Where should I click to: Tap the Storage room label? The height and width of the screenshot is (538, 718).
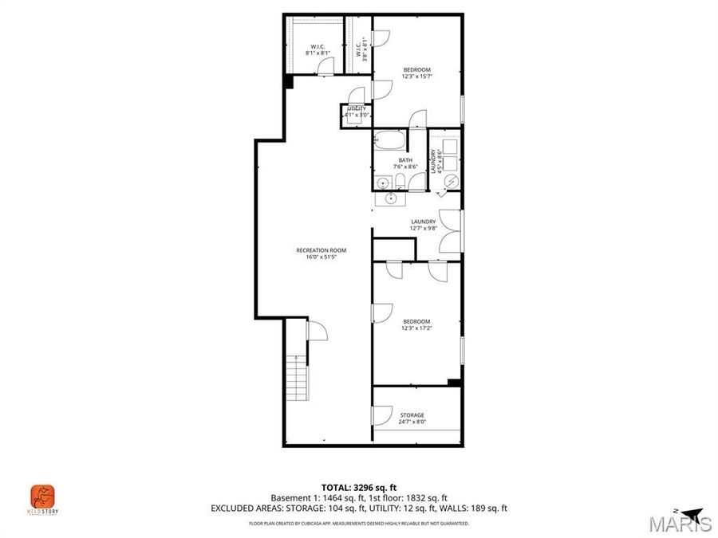click(412, 415)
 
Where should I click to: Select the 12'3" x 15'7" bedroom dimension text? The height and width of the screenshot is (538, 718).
click(416, 77)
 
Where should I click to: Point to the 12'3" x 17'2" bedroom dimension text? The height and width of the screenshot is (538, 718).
click(416, 328)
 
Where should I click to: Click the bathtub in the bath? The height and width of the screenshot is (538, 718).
click(391, 142)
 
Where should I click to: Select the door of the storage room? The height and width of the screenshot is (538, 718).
click(381, 415)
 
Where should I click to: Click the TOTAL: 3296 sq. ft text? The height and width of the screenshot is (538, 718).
click(358, 486)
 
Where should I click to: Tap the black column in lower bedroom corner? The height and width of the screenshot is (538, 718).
click(454, 383)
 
